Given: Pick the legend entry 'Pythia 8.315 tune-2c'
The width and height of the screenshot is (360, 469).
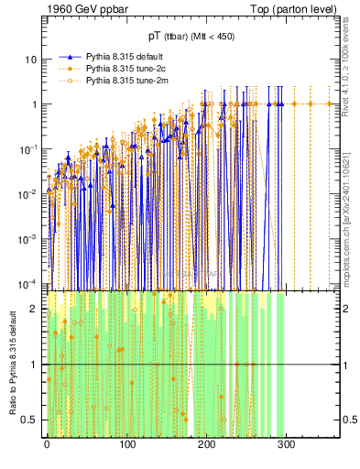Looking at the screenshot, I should pyautogui.click(x=123, y=67).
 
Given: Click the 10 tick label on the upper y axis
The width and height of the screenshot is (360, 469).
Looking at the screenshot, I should pyautogui.click(x=31, y=60).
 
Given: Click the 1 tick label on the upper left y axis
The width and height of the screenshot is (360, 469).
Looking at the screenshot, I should pyautogui.click(x=34, y=104).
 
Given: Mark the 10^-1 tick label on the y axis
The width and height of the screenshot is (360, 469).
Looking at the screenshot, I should pyautogui.click(x=29, y=148).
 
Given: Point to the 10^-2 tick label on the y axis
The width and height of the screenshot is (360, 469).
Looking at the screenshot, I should pyautogui.click(x=29, y=193).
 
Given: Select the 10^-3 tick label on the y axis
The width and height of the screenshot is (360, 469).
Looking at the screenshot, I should pyautogui.click(x=29, y=237).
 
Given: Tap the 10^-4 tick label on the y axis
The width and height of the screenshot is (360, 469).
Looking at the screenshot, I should pyautogui.click(x=29, y=281).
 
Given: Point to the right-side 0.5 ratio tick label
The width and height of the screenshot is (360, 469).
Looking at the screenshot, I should pyautogui.click(x=348, y=420).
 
